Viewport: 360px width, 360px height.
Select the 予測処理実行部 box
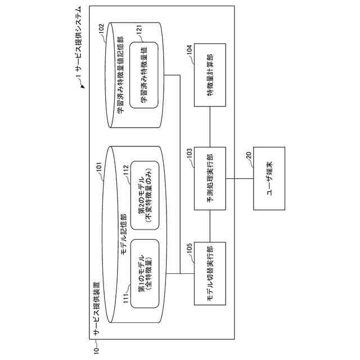pos(209,179)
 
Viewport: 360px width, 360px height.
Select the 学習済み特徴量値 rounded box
pos(145,75)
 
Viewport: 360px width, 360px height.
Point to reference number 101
pos(100,167)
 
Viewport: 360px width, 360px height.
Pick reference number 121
pos(138,28)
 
